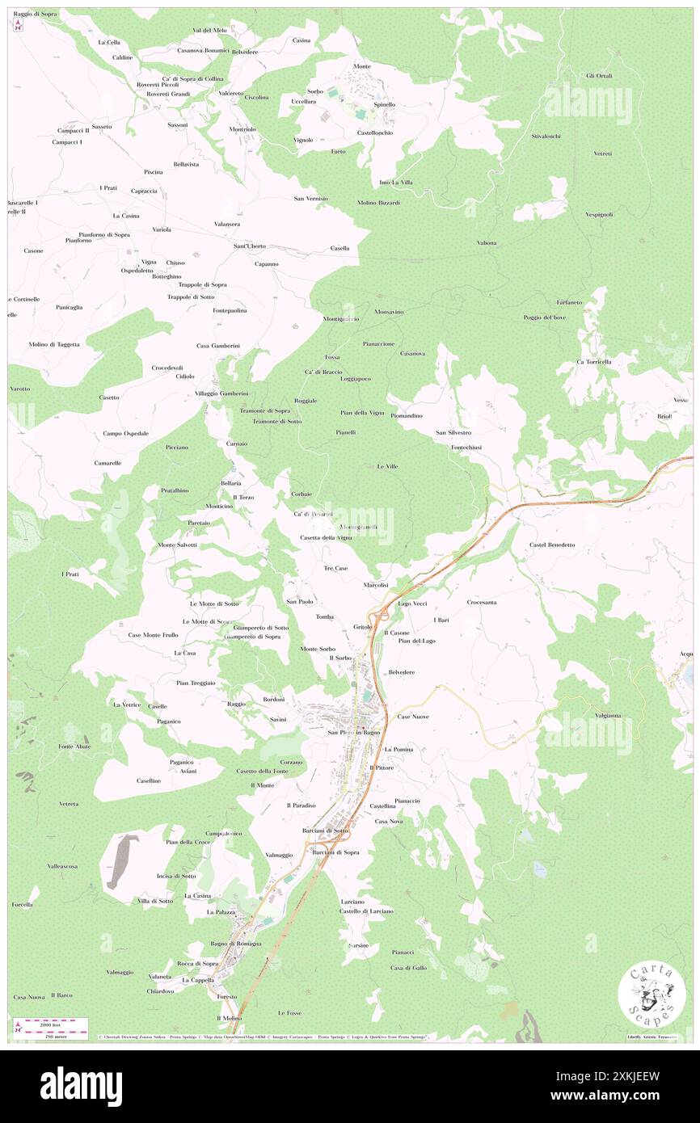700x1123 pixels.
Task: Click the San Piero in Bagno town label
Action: tap(353, 733)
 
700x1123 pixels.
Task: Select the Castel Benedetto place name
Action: tap(552, 545)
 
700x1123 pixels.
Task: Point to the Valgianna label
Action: tap(607, 715)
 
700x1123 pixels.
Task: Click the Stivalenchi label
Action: tap(546, 136)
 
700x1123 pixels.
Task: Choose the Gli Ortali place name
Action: tap(599, 75)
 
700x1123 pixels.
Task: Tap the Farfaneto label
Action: tap(569, 302)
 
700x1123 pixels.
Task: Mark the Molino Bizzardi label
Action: tap(377, 202)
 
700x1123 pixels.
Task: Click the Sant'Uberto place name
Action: tap(250, 246)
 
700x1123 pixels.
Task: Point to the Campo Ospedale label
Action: tap(125, 434)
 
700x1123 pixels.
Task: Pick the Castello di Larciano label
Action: tap(366, 911)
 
